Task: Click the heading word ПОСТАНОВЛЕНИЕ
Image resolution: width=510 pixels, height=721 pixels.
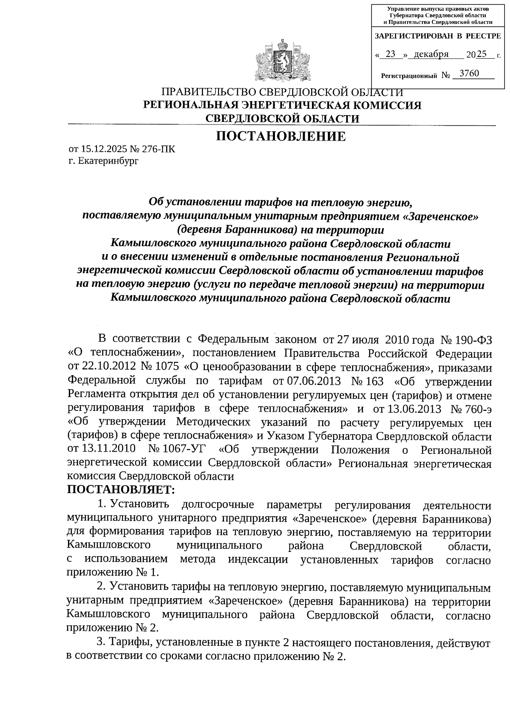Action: click(x=281, y=136)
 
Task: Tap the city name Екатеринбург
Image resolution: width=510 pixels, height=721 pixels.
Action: click(x=108, y=161)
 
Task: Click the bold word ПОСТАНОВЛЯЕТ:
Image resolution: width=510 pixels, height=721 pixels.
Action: click(x=121, y=490)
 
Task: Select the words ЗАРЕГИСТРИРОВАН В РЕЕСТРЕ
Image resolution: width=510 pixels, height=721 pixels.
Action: click(x=438, y=37)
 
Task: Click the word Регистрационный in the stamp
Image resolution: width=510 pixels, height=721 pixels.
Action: click(x=409, y=76)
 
